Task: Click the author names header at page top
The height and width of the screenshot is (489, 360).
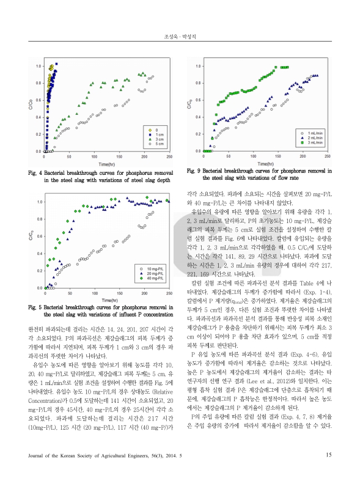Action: click(x=180, y=37)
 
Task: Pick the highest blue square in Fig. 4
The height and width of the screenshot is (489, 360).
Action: click(x=56, y=72)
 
